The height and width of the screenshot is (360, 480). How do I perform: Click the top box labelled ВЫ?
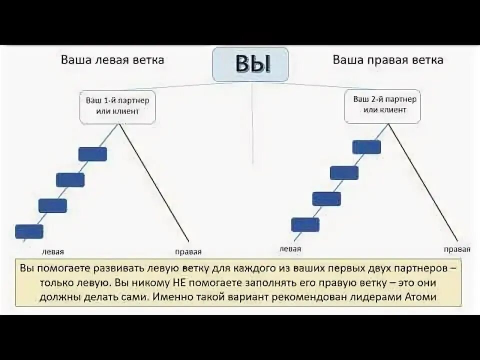pos(250,64)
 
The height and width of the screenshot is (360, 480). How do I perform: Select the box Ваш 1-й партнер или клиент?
pos(117,106)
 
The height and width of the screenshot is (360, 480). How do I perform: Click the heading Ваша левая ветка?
pos(112,60)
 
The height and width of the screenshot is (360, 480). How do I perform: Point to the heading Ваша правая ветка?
pos(388,60)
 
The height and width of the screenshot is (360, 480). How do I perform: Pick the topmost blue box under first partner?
pos(93,154)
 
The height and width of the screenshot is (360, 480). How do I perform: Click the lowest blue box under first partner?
pos(29,231)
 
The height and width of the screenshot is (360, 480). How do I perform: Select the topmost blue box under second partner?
pos(366,146)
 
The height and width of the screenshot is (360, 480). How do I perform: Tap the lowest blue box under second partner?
pos(305,225)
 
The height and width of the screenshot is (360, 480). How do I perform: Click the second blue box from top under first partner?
pos(70,179)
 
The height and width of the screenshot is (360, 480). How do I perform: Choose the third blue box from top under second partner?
pos(326,198)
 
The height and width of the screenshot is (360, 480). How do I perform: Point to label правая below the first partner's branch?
pos(188,251)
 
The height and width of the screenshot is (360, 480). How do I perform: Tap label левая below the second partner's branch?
pos(290,248)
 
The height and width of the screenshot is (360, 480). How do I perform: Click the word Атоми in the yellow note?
pos(422,296)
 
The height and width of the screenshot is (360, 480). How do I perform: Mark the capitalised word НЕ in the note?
pos(179,282)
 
